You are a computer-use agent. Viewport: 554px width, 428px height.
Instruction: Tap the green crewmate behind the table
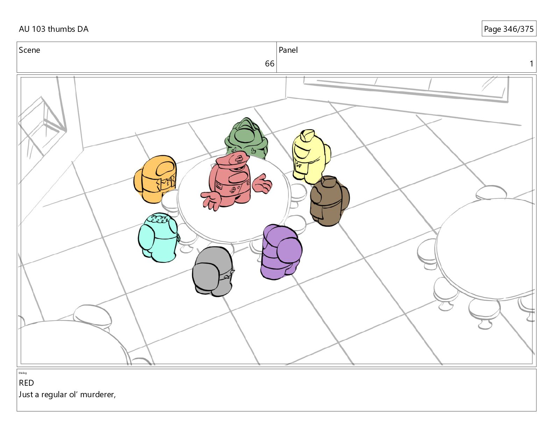click(246, 138)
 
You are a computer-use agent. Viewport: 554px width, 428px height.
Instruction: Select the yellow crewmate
click(311, 156)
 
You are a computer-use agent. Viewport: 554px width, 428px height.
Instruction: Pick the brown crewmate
click(329, 201)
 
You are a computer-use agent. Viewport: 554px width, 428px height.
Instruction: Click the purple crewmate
click(281, 252)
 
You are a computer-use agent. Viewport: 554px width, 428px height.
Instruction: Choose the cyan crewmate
click(158, 237)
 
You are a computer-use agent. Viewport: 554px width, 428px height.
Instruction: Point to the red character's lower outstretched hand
click(211, 200)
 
